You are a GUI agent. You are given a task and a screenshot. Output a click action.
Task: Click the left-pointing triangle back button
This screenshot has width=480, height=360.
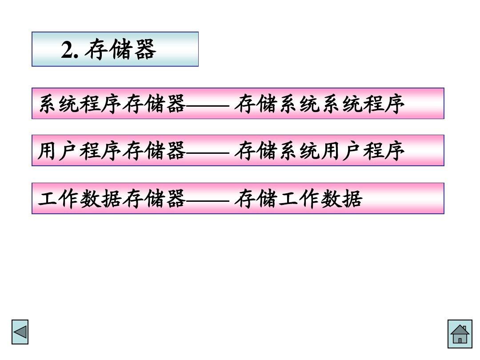click(x=20, y=332)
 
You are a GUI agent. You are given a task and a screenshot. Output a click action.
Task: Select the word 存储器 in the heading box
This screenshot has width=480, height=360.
click(x=120, y=50)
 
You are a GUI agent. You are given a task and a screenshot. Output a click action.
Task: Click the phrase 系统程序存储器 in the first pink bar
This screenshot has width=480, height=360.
click(x=112, y=104)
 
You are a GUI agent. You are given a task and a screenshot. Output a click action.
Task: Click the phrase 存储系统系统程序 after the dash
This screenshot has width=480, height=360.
click(x=319, y=104)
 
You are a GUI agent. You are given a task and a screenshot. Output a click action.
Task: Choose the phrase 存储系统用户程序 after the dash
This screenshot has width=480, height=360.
click(x=319, y=151)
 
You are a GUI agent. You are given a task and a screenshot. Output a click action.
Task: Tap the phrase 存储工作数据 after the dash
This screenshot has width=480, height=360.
click(x=298, y=199)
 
